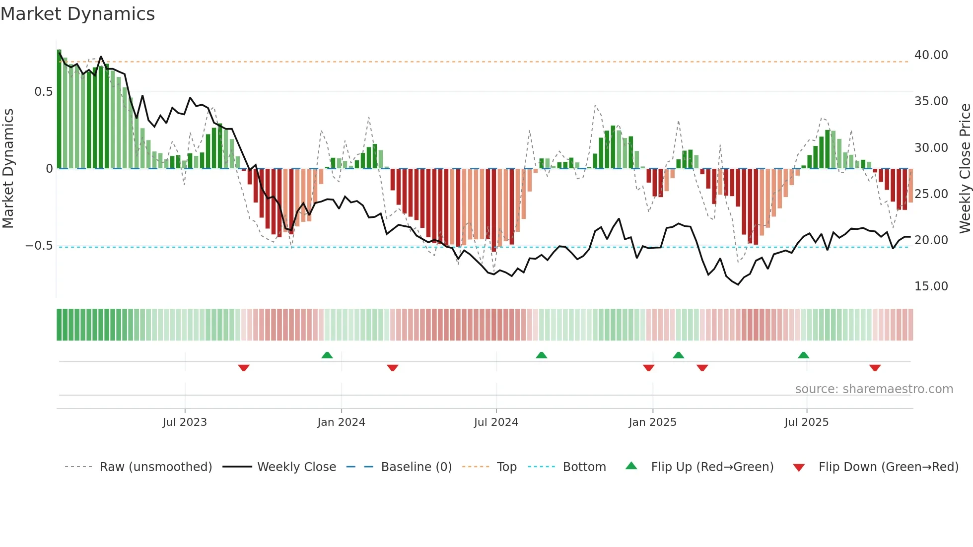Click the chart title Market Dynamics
[x=78, y=14]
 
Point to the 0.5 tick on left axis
[x=43, y=92]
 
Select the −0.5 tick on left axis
[x=39, y=246]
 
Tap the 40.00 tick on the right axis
[x=931, y=55]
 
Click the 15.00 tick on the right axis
[x=931, y=286]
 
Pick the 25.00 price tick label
[x=931, y=194]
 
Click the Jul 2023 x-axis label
[x=185, y=422]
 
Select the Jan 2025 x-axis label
[x=652, y=422]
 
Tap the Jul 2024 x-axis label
[x=496, y=422]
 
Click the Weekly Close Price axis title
[x=965, y=168]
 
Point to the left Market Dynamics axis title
[x=8, y=168]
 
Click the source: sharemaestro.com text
[x=874, y=389]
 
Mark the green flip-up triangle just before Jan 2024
[x=327, y=355]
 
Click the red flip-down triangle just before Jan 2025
[x=648, y=368]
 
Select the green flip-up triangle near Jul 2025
[x=803, y=355]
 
